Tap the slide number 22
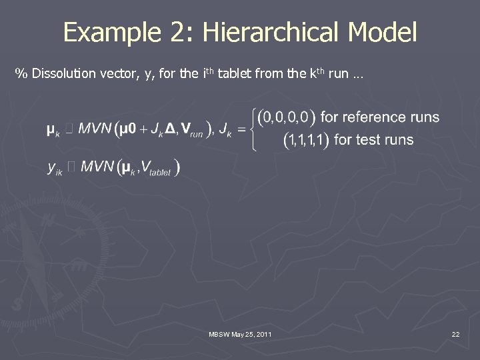(x=455, y=333)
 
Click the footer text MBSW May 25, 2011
(x=240, y=333)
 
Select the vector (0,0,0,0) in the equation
(x=285, y=117)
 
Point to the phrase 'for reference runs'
(x=380, y=117)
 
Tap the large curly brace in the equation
(x=253, y=129)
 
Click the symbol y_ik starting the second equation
(x=55, y=169)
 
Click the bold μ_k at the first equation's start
(x=53, y=129)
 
